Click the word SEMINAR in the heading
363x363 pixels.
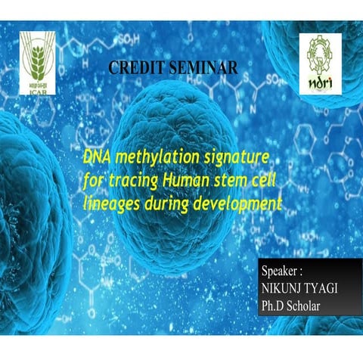[200, 67]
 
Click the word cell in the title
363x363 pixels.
[264, 181]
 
